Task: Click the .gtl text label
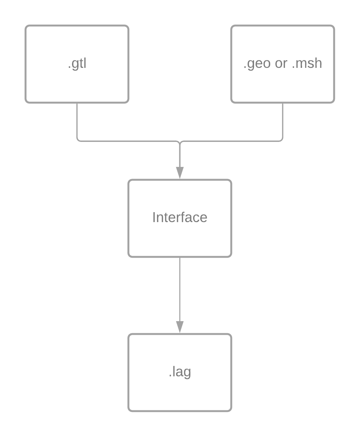[77, 64]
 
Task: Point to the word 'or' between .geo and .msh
[281, 64]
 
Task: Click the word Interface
[180, 218]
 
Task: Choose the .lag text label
[180, 372]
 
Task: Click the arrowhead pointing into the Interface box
[180, 172]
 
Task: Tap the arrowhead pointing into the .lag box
[180, 327]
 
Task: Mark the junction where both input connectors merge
[180, 142]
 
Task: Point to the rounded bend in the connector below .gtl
[78, 139]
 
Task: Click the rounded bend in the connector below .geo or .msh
[281, 139]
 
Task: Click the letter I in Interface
[154, 218]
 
